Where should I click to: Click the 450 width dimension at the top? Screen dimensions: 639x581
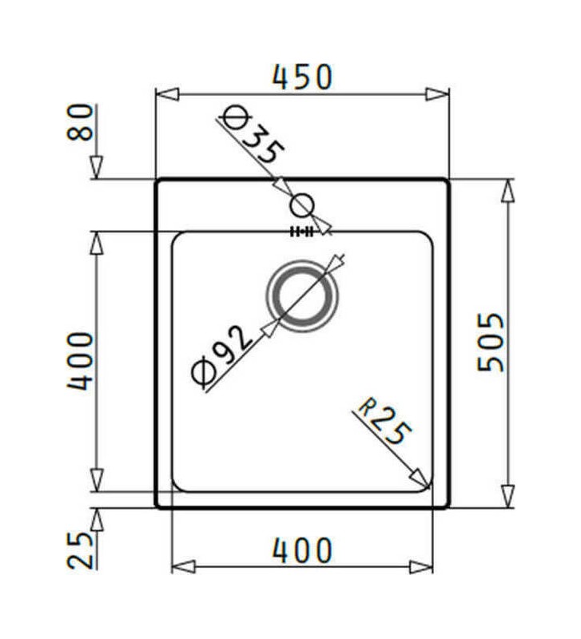pyautogui.click(x=301, y=77)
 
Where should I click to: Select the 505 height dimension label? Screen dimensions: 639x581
pyautogui.click(x=491, y=342)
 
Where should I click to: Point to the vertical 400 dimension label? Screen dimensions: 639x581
pyautogui.click(x=80, y=362)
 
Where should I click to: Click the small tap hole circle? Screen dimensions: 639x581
pyautogui.click(x=302, y=205)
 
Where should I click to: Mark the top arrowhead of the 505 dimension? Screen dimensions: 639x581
pyautogui.click(x=507, y=191)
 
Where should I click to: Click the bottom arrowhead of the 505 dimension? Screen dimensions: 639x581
pyautogui.click(x=507, y=494)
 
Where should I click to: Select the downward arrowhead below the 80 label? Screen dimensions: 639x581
pyautogui.click(x=96, y=167)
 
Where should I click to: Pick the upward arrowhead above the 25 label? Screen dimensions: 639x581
pyautogui.click(x=96, y=520)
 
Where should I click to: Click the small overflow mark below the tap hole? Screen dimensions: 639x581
pyautogui.click(x=300, y=232)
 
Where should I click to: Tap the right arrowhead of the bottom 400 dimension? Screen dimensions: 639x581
pyautogui.click(x=421, y=567)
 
